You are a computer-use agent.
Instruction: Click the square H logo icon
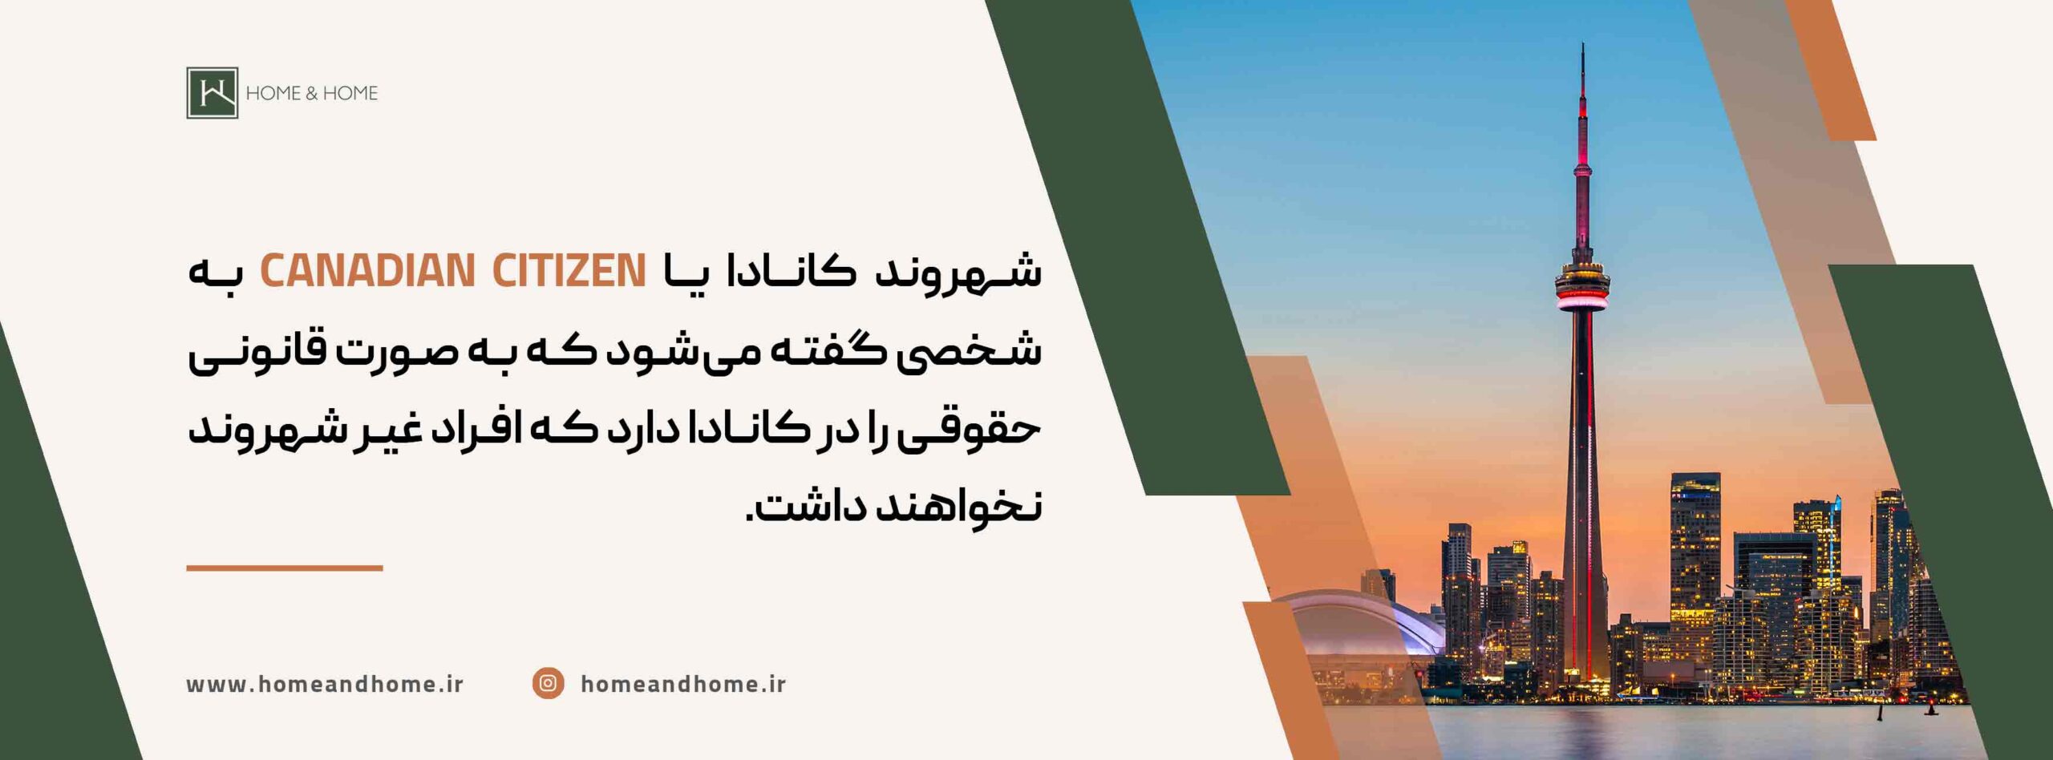point(213,93)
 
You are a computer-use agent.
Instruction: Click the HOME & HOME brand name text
point(311,93)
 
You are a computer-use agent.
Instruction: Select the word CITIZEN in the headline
point(569,270)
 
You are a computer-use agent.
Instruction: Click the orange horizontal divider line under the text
point(285,568)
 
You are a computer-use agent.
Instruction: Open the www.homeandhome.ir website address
point(325,684)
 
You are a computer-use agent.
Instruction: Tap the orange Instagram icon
point(548,683)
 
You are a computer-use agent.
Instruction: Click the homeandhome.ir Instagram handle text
point(682,684)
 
